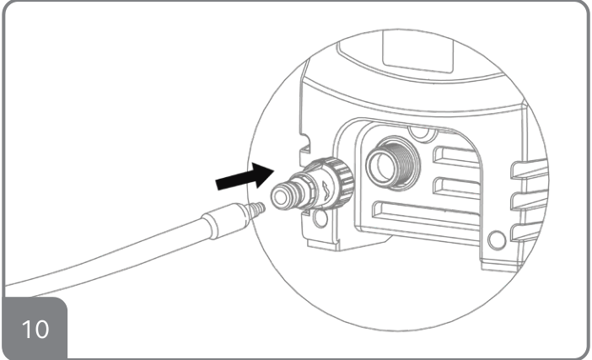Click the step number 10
tap(35, 329)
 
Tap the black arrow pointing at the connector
tap(245, 176)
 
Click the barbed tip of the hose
tap(257, 210)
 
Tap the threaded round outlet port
tap(392, 164)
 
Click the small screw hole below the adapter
tap(320, 219)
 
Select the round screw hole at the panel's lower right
tap(497, 240)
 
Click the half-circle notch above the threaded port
tap(419, 133)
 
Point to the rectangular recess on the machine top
tap(417, 52)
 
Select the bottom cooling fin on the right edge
tap(527, 233)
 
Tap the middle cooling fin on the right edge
tap(530, 200)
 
